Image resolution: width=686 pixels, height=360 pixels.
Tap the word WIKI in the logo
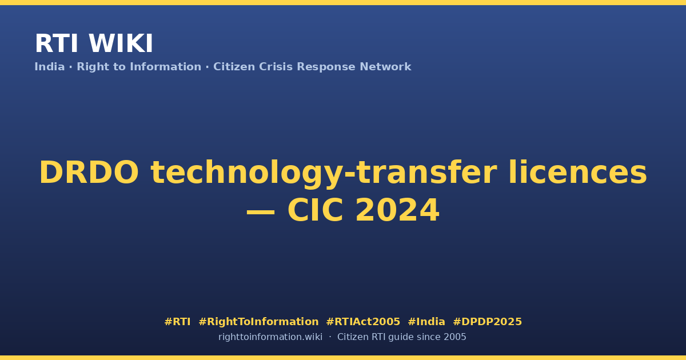121,43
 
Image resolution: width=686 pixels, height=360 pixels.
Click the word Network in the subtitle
385,67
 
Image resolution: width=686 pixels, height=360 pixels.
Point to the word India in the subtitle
50,67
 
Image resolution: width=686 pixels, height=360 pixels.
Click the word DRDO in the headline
89,173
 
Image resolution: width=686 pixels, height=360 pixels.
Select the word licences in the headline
577,173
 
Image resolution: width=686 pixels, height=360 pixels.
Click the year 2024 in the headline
397,210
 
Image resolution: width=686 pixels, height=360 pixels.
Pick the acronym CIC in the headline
315,210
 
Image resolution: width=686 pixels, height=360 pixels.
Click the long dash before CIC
261,212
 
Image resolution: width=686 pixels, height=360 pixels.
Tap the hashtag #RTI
177,322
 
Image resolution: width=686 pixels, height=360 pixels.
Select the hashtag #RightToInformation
258,322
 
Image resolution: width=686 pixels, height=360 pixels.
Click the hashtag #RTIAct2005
363,322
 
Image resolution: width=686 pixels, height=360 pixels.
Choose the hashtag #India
426,322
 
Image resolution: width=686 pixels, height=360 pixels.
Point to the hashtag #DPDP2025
487,322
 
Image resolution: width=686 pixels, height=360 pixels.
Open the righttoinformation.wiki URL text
270,337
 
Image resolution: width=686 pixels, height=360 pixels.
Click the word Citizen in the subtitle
234,67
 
